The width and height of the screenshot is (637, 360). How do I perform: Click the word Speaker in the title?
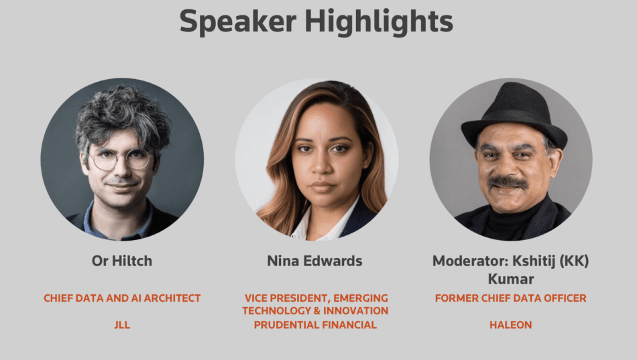click(x=238, y=22)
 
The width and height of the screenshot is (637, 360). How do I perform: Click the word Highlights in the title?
click(x=379, y=22)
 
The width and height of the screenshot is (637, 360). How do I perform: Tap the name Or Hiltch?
click(x=122, y=261)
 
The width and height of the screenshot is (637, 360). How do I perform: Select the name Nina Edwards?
click(x=315, y=261)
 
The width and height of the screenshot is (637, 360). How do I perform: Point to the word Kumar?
click(x=511, y=279)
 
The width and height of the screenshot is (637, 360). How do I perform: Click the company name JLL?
click(x=122, y=325)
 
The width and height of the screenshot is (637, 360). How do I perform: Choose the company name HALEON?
click(x=511, y=325)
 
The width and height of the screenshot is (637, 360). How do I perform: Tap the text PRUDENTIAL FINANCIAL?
click(x=315, y=325)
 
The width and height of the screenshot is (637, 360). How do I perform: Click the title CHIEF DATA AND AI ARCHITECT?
click(x=122, y=298)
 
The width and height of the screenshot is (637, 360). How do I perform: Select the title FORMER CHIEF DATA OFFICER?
click(x=511, y=298)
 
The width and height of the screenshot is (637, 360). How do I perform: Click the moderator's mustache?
click(x=508, y=182)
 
